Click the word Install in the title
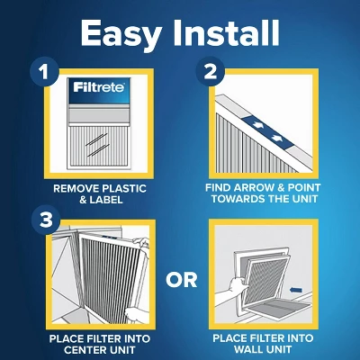click(x=225, y=33)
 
